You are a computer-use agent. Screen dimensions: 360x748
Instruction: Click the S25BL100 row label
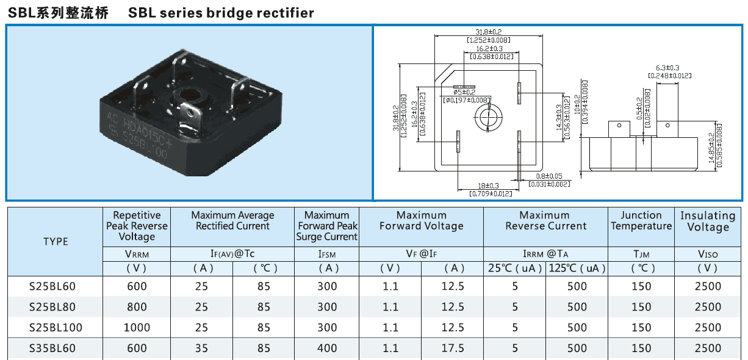pos(56,328)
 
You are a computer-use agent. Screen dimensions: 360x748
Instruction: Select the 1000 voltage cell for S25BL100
pos(137,328)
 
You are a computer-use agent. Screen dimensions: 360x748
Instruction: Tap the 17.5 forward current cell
pos(453,348)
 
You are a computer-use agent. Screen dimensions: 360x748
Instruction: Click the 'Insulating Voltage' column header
pos(708,221)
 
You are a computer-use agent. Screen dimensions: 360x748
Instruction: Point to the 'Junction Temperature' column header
pos(641,220)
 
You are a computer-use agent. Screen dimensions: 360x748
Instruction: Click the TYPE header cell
pos(56,242)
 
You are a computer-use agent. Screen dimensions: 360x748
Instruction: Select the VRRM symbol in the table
pos(137,254)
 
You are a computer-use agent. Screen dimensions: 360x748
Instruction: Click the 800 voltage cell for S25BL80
pos(137,307)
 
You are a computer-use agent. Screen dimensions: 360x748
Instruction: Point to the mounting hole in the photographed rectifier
pos(185,97)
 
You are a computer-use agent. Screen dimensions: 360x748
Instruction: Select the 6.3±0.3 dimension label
pos(667,68)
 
